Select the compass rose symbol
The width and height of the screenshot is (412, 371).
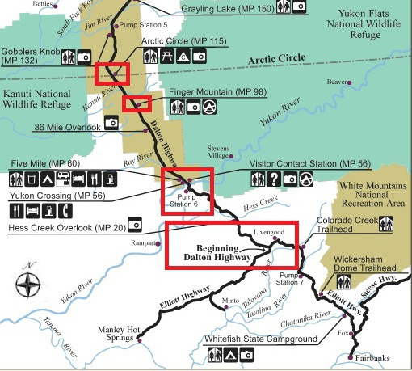click(30, 284)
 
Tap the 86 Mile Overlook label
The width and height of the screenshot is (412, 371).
click(67, 127)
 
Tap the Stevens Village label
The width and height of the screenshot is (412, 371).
click(218, 152)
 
